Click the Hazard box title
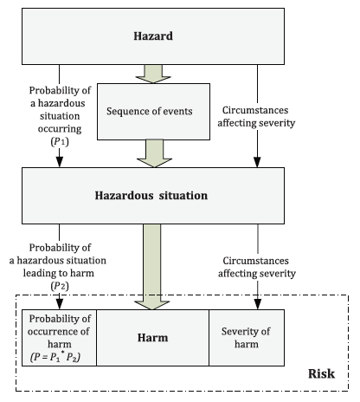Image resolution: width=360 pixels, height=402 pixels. pyautogui.click(x=153, y=36)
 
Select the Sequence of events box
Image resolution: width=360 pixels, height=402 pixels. pyautogui.click(x=153, y=112)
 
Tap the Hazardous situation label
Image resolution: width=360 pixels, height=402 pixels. pyautogui.click(x=151, y=196)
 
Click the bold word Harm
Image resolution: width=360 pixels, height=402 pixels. pyautogui.click(x=152, y=338)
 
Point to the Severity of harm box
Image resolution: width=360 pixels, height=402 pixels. pyautogui.click(x=247, y=338)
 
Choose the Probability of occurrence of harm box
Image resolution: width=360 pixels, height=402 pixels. pyautogui.click(x=59, y=338)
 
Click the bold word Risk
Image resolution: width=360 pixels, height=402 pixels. pyautogui.click(x=321, y=373)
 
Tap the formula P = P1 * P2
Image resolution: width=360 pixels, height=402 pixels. pyautogui.click(x=55, y=357)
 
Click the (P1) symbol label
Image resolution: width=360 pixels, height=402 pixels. pyautogui.click(x=60, y=141)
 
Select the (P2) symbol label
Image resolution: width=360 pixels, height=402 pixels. pyautogui.click(x=60, y=286)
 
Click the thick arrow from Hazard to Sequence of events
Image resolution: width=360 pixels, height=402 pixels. pyautogui.click(x=153, y=74)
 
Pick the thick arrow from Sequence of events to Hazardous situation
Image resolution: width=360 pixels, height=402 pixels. pyautogui.click(x=154, y=153)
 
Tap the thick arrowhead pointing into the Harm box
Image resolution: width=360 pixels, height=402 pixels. pyautogui.click(x=152, y=305)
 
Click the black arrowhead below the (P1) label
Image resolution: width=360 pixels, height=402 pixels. pyautogui.click(x=60, y=162)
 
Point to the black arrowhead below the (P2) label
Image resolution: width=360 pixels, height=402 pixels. pyautogui.click(x=60, y=304)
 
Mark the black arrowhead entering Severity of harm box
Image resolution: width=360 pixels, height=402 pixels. pyautogui.click(x=258, y=304)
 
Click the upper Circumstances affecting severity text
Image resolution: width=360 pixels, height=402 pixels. pyautogui.click(x=256, y=116)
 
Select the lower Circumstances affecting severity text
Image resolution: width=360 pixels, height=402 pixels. pyautogui.click(x=257, y=267)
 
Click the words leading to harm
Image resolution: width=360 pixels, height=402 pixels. pyautogui.click(x=59, y=273)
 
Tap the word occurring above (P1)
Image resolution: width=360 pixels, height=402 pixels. pyautogui.click(x=60, y=129)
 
